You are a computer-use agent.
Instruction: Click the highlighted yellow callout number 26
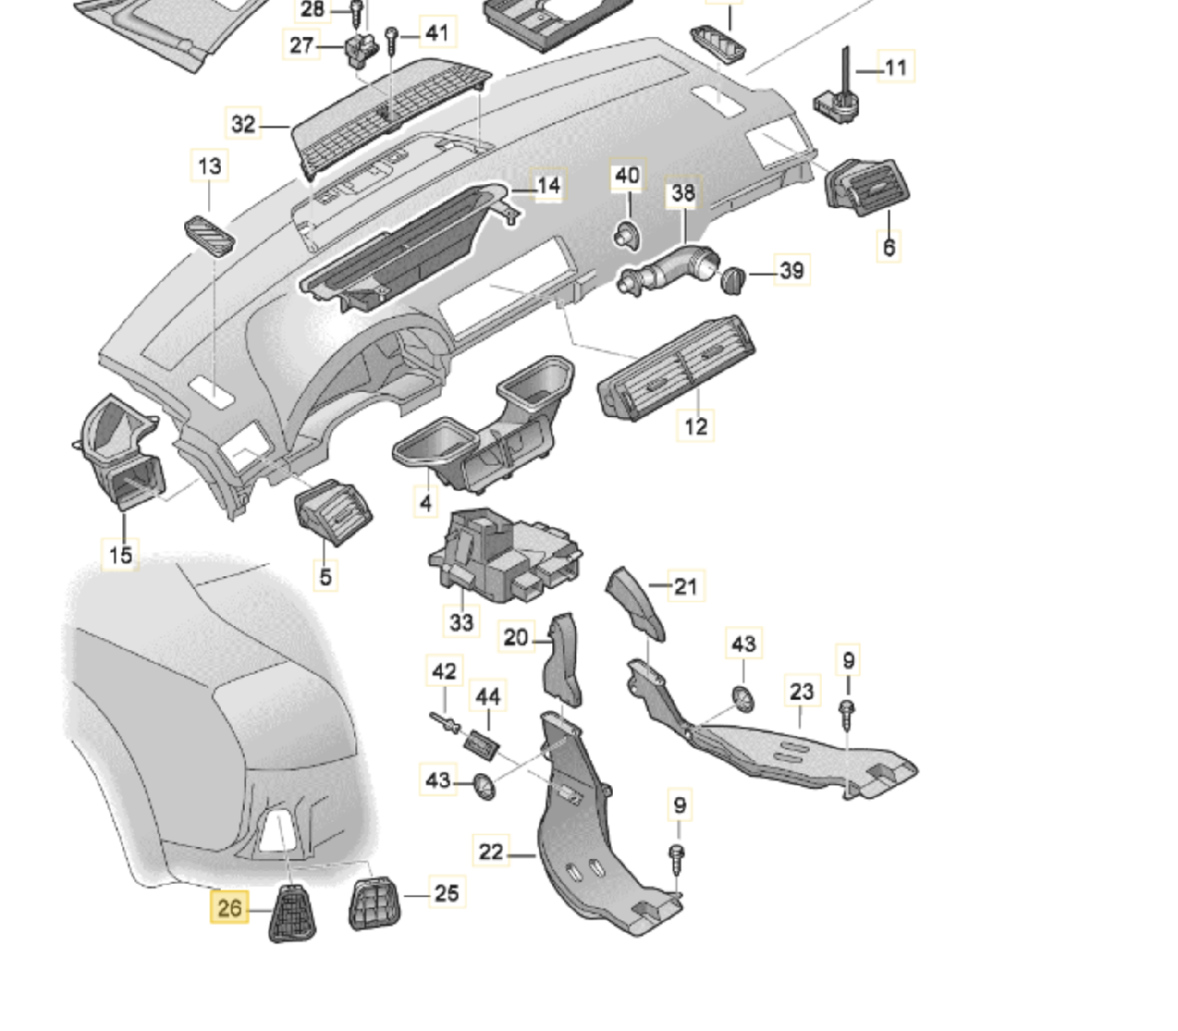click(x=229, y=908)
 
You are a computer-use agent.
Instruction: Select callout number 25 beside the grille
click(x=446, y=892)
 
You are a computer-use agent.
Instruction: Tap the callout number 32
click(x=243, y=123)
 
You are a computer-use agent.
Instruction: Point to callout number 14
click(x=549, y=185)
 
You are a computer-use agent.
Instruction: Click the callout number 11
click(x=895, y=67)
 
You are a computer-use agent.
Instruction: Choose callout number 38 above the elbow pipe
click(x=683, y=192)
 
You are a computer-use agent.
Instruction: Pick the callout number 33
click(x=461, y=621)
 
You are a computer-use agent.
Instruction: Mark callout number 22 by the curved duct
click(x=491, y=851)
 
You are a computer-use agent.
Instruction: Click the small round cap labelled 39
click(x=734, y=277)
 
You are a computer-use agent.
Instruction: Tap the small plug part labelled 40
click(x=625, y=236)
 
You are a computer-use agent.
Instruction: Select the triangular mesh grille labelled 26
click(x=292, y=911)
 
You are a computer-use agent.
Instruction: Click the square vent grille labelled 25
click(x=375, y=902)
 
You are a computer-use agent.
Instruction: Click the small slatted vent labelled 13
click(x=210, y=235)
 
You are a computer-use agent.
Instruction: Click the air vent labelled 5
click(x=331, y=511)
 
